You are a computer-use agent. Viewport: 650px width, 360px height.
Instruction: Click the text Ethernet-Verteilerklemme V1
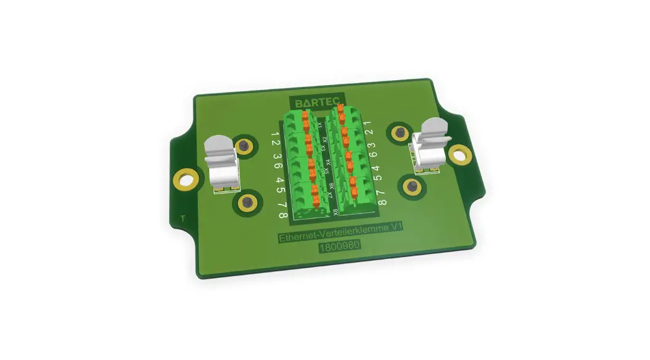point(340,234)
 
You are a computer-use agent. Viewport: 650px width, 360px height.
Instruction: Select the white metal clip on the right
point(430,147)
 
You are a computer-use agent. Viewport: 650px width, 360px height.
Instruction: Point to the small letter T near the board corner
point(182,219)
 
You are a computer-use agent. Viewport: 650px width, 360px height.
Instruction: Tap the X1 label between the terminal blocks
point(319,125)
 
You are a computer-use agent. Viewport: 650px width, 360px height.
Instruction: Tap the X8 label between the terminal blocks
point(335,213)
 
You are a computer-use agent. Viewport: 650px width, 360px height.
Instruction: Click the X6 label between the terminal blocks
point(331,186)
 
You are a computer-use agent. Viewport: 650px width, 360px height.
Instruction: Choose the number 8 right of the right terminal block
point(382,202)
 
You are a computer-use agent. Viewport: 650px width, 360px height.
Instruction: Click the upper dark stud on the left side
point(245,146)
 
